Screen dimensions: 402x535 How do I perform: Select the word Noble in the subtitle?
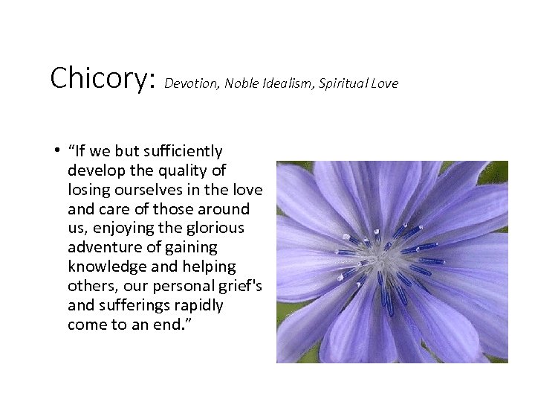pyautogui.click(x=241, y=83)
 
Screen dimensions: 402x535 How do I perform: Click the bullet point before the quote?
pyautogui.click(x=56, y=151)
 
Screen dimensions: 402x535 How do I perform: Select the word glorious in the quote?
pyautogui.click(x=216, y=228)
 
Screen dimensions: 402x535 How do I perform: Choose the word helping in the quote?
pyautogui.click(x=211, y=267)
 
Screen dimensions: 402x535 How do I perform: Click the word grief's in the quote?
pyautogui.click(x=241, y=286)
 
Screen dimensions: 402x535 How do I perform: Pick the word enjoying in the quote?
pyautogui.click(x=125, y=228)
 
